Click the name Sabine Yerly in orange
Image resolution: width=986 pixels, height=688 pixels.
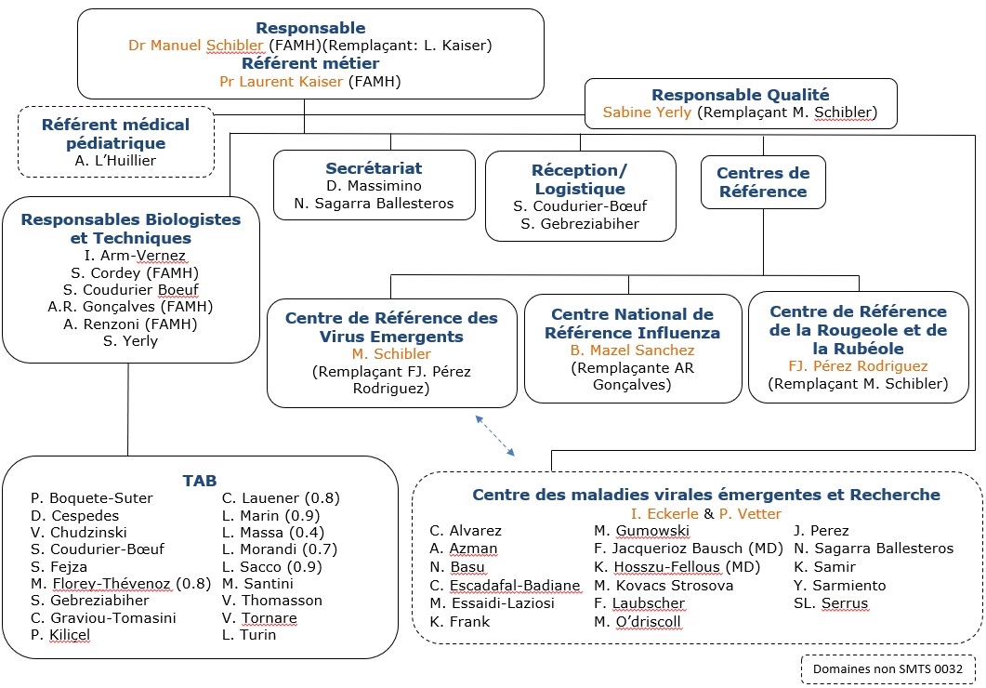[x=648, y=113]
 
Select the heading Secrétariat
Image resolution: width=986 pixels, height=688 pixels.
[x=374, y=168]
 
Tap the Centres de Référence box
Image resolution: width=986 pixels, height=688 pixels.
[x=762, y=182]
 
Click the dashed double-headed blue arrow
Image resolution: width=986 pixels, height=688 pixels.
[x=496, y=435]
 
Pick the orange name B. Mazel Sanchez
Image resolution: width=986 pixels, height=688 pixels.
[x=632, y=351]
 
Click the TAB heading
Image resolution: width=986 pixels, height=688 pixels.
[x=200, y=481]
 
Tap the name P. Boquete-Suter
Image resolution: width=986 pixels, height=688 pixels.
[x=91, y=498]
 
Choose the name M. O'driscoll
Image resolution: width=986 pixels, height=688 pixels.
[x=638, y=621]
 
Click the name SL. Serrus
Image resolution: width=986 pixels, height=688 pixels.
[x=831, y=603]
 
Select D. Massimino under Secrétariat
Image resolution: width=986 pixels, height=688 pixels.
[x=373, y=186]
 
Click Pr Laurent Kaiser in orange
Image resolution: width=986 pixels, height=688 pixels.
[x=281, y=82]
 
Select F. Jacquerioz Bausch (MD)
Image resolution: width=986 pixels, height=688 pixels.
[x=676, y=549]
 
